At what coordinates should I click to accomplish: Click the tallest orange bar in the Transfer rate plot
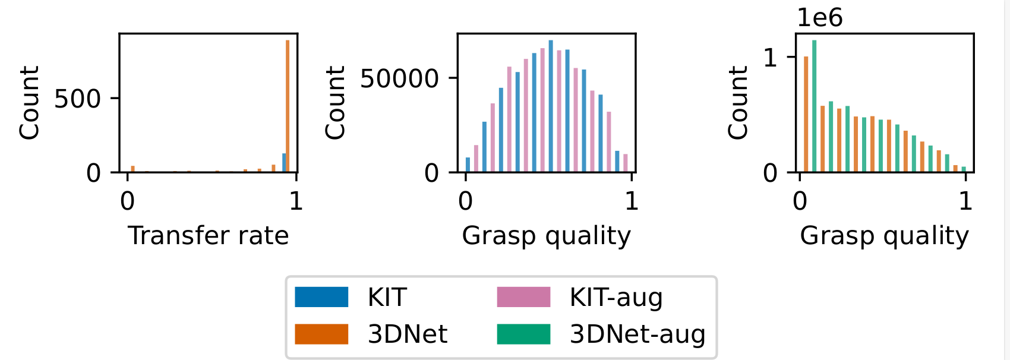pyautogui.click(x=288, y=106)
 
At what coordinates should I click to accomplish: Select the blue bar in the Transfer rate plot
pyautogui.click(x=284, y=163)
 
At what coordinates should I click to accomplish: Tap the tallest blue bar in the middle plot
pyautogui.click(x=551, y=106)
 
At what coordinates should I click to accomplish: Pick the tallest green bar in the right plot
pyautogui.click(x=814, y=106)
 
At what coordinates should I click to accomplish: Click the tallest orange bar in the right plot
pyautogui.click(x=806, y=114)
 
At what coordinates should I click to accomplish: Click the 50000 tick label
pyautogui.click(x=399, y=78)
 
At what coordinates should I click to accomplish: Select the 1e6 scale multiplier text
pyautogui.click(x=820, y=18)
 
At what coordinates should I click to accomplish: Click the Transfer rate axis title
pyautogui.click(x=209, y=235)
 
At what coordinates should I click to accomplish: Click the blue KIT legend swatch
pyautogui.click(x=321, y=297)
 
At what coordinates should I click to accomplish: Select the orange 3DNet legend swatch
pyautogui.click(x=321, y=334)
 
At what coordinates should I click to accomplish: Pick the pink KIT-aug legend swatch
pyautogui.click(x=523, y=297)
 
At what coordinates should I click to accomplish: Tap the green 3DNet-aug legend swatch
pyautogui.click(x=523, y=334)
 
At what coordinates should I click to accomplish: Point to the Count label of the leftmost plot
pyautogui.click(x=30, y=103)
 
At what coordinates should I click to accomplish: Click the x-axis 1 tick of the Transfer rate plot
pyautogui.click(x=296, y=201)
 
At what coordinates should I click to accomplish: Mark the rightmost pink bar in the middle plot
pyautogui.click(x=626, y=163)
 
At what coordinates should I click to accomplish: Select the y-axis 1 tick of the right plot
pyautogui.click(x=771, y=58)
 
